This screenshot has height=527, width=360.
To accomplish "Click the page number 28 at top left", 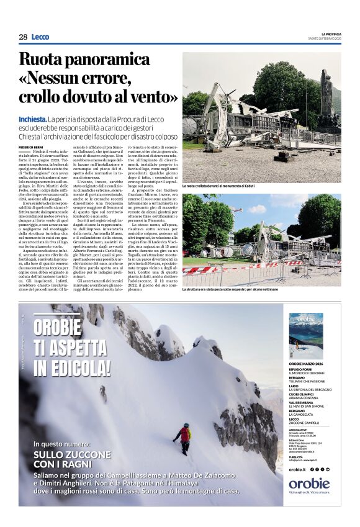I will [23, 37].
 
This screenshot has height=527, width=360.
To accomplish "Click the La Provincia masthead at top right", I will [331, 34].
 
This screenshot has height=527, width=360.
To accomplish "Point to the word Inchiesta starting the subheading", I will [33, 119].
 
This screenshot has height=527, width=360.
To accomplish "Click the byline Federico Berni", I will [31, 146].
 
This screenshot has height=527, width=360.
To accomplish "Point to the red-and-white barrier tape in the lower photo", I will [211, 271].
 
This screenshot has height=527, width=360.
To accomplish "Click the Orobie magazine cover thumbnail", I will [305, 335].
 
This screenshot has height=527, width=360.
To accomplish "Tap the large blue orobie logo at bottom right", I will [309, 484].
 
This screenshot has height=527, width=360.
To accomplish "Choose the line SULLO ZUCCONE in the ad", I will [73, 455].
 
